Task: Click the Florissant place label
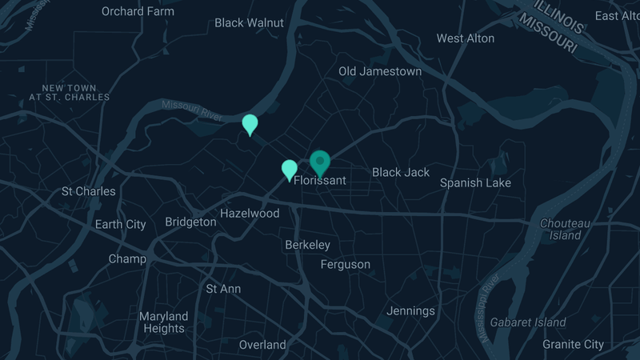[320, 181]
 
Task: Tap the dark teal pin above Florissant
[320, 162]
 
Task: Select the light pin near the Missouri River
[250, 124]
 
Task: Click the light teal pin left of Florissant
[290, 169]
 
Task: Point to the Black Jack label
[401, 172]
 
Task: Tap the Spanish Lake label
[475, 182]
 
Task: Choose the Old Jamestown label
[380, 71]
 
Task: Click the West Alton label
[466, 38]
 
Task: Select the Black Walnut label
[249, 23]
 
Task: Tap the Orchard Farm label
[138, 11]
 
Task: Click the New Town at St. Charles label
[70, 93]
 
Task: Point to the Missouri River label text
[191, 110]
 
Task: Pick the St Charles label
[89, 191]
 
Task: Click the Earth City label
[120, 224]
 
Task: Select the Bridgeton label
[190, 222]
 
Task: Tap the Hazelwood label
[250, 214]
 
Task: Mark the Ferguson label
[346, 264]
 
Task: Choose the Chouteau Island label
[565, 230]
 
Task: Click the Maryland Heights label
[163, 322]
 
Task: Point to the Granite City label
[573, 344]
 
